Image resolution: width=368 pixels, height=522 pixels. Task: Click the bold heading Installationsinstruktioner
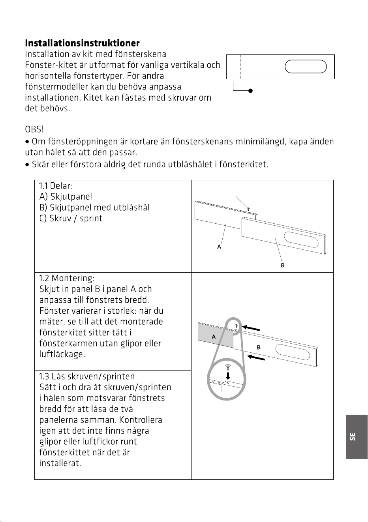tap(82, 43)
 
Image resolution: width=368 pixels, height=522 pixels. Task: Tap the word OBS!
tap(34, 129)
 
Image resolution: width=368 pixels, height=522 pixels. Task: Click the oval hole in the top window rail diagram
tap(306, 67)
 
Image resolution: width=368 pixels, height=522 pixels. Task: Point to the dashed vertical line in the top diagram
tap(240, 67)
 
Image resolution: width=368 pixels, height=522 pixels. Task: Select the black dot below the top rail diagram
tap(250, 91)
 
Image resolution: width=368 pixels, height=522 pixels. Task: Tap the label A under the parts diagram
tap(219, 247)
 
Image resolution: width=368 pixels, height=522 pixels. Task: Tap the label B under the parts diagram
tap(283, 265)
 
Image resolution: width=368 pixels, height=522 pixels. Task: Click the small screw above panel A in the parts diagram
tap(248, 209)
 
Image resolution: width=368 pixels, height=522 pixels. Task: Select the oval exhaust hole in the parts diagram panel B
tap(301, 239)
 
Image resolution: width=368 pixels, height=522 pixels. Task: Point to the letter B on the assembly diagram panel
tap(259, 347)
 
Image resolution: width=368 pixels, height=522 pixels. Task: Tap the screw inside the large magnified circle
tap(228, 367)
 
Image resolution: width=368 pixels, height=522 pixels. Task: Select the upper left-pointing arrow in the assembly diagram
tap(251, 328)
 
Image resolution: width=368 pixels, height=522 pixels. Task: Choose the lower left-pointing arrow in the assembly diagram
tap(256, 357)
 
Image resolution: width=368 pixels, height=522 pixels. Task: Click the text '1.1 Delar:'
tap(56, 186)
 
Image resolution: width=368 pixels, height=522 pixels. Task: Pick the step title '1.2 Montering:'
tap(67, 278)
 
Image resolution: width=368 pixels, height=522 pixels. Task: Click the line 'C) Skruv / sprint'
tap(71, 218)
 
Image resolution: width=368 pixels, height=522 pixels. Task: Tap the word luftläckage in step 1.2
tap(62, 354)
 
